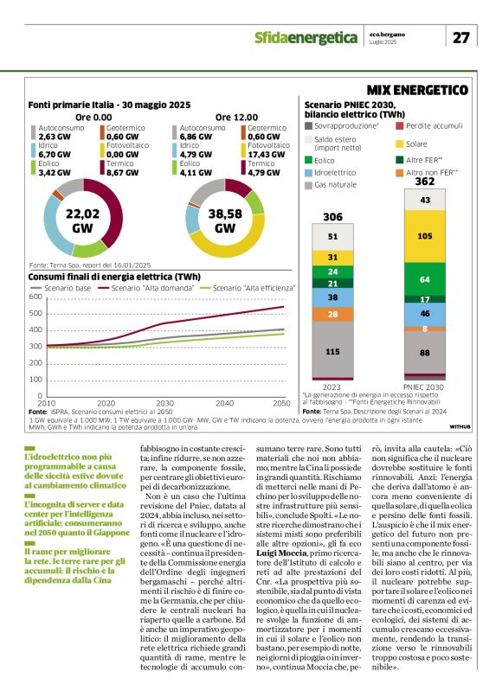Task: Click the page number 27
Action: click(461, 36)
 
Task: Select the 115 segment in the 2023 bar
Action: click(333, 351)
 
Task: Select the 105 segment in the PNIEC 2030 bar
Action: click(425, 235)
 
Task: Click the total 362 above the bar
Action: click(425, 182)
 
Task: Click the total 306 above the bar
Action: click(333, 216)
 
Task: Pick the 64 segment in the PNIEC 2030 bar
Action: click(425, 279)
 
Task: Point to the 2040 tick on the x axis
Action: click(223, 403)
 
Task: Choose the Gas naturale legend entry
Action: click(336, 184)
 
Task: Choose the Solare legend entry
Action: click(416, 144)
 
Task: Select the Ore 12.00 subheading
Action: click(233, 116)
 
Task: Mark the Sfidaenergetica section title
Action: click(306, 37)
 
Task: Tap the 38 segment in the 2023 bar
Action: click(333, 297)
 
